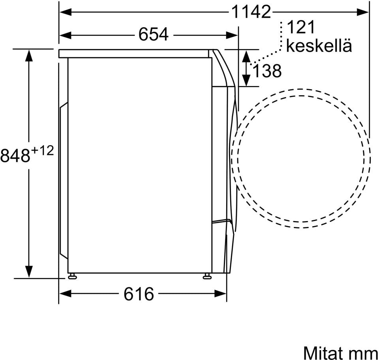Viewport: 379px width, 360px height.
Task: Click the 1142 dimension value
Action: (251, 11)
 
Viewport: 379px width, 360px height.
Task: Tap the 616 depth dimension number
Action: (139, 294)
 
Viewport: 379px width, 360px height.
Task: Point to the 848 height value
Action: (15, 156)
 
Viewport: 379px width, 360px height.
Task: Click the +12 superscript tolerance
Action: (42, 151)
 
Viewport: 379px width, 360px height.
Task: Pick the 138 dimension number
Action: (267, 71)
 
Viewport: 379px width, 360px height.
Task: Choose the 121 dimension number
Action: (301, 27)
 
